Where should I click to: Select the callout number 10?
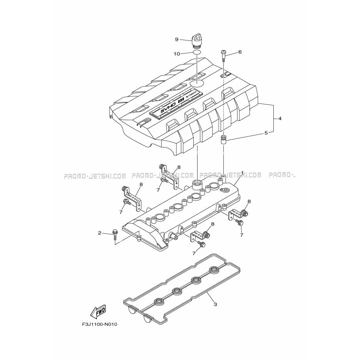click(177, 54)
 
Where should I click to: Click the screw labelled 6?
click(224, 56)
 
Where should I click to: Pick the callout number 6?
click(240, 52)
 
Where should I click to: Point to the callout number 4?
click(280, 119)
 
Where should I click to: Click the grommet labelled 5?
click(223, 140)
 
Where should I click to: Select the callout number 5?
click(266, 133)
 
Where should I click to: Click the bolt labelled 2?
click(115, 234)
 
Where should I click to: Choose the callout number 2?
click(99, 233)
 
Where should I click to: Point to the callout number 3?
click(215, 305)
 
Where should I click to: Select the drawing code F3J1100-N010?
click(100, 325)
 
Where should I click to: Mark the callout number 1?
click(242, 172)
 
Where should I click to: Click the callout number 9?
click(177, 40)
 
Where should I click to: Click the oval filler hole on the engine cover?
click(197, 83)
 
